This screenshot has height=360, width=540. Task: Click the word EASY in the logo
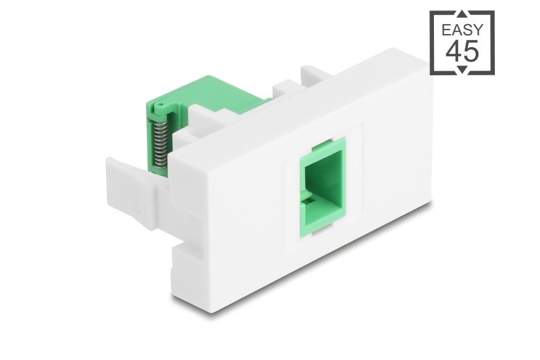(x=462, y=29)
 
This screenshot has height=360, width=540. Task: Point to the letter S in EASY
(x=467, y=29)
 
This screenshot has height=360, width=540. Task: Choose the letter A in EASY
(x=457, y=29)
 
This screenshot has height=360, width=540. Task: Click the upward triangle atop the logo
(x=462, y=14)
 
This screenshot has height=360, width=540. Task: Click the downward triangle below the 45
(x=462, y=70)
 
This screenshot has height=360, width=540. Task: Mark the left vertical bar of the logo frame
(x=433, y=43)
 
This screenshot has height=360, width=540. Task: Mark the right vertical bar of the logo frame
(x=492, y=43)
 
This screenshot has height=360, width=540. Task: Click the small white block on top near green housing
(x=285, y=87)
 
